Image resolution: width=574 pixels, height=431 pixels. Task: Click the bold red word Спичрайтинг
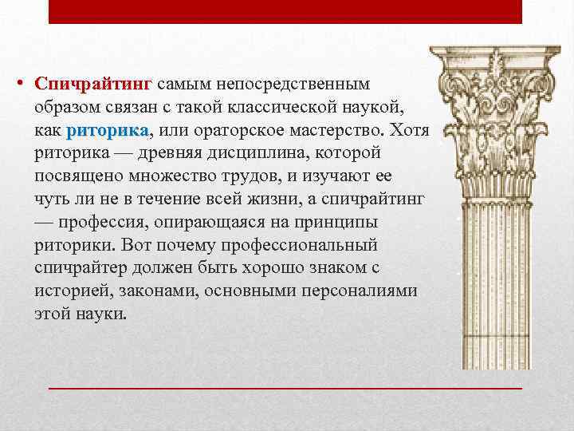click(x=95, y=84)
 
